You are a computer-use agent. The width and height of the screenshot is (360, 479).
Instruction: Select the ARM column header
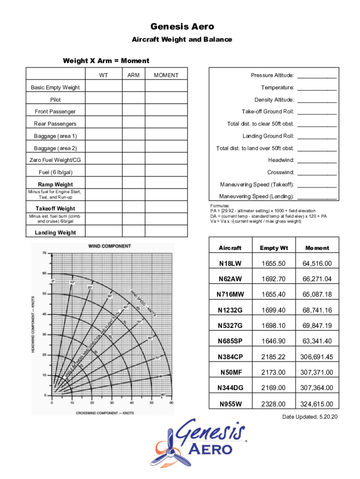click(133, 75)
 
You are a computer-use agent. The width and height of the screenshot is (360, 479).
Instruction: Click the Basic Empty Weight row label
click(55, 87)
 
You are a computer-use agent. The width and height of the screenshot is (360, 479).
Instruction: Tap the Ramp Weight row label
click(55, 184)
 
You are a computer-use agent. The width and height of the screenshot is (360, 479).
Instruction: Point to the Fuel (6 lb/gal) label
click(55, 172)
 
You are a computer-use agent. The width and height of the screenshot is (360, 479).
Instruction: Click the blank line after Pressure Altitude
click(317, 76)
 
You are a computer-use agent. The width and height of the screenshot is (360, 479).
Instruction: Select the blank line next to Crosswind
click(317, 173)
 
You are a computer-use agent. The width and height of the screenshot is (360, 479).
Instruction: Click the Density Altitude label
click(274, 100)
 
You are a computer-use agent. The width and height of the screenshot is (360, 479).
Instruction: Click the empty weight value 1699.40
click(274, 310)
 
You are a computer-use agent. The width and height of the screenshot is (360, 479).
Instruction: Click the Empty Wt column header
click(274, 248)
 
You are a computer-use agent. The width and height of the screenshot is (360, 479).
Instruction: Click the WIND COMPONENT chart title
click(110, 246)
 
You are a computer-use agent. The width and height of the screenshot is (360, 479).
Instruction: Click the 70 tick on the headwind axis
click(44, 253)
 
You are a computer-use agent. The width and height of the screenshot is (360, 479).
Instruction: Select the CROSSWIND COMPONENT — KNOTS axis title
click(105, 413)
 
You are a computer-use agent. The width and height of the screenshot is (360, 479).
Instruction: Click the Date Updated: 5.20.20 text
click(310, 417)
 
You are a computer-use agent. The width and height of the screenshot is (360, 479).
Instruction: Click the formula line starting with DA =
click(268, 216)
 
